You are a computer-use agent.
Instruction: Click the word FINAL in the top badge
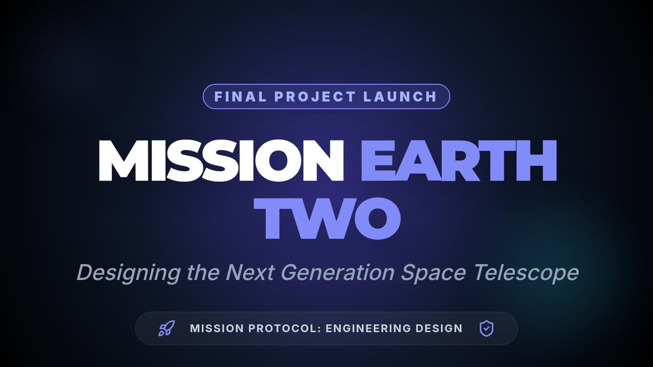240,97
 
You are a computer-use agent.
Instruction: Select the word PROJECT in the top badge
315,97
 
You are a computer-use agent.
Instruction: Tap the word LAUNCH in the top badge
400,97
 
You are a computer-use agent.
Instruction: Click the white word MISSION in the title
221,161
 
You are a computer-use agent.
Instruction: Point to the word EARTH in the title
459,161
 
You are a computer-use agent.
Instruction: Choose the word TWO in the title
327,219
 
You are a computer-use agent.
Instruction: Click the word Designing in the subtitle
128,273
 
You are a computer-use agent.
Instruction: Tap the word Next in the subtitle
250,272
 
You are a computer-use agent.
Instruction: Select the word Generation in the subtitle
337,272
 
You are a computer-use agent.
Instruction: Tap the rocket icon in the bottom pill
167,328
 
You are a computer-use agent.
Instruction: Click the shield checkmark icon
486,328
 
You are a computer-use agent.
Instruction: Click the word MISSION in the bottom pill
217,328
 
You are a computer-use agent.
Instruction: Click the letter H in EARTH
537,161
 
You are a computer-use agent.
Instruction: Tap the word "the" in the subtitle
203,272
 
